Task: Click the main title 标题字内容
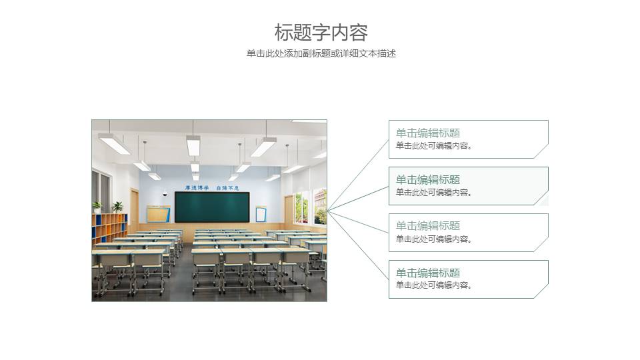pyautogui.click(x=321, y=32)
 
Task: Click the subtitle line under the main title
pyautogui.click(x=321, y=54)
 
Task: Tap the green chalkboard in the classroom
pyautogui.click(x=212, y=207)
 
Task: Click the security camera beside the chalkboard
pyautogui.click(x=165, y=193)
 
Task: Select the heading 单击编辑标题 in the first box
pyautogui.click(x=428, y=133)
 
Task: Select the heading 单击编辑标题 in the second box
pyautogui.click(x=428, y=180)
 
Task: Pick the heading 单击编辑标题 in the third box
pyautogui.click(x=428, y=226)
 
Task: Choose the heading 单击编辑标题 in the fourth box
pyautogui.click(x=428, y=273)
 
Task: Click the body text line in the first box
pyautogui.click(x=434, y=146)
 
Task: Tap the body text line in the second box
pyautogui.click(x=434, y=193)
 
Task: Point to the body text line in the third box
pyautogui.click(x=434, y=239)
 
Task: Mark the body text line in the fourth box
pyautogui.click(x=434, y=285)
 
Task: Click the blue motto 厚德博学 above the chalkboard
pyautogui.click(x=197, y=188)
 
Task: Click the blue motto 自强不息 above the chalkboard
pyautogui.click(x=227, y=188)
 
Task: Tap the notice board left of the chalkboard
pyautogui.click(x=158, y=214)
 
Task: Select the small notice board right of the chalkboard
pyautogui.click(x=261, y=214)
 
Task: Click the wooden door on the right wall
pyautogui.click(x=289, y=209)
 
